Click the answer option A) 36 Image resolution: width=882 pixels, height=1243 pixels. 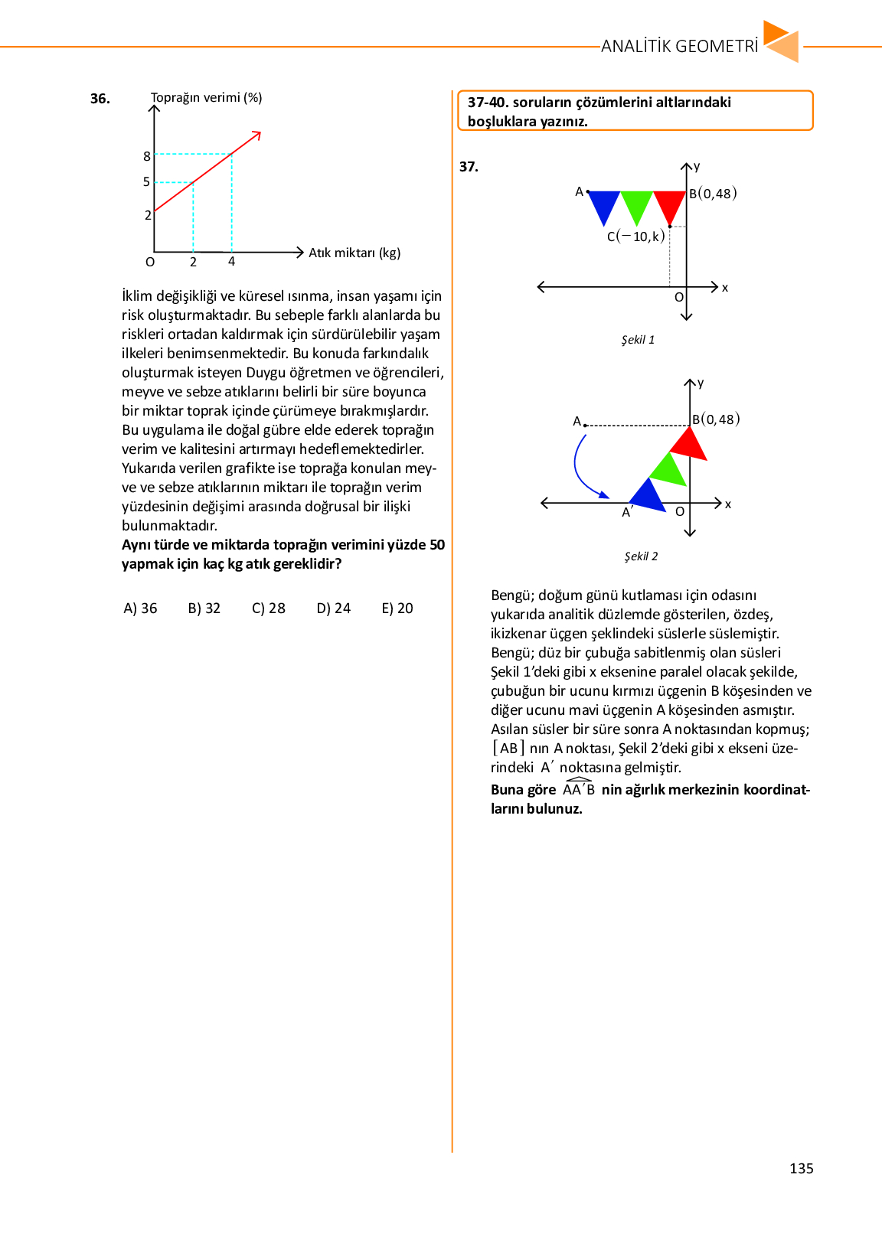click(x=140, y=608)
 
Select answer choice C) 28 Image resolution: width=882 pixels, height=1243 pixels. click(x=269, y=608)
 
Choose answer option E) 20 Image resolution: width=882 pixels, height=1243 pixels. click(x=397, y=608)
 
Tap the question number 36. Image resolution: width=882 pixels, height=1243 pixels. click(x=100, y=99)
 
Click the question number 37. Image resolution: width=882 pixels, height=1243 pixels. click(x=469, y=167)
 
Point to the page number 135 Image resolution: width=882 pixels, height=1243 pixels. click(x=801, y=1169)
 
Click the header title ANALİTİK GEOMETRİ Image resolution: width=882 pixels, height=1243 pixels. click(x=679, y=47)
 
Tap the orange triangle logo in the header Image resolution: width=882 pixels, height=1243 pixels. click(x=782, y=42)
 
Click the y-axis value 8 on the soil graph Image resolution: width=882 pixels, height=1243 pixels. click(x=147, y=156)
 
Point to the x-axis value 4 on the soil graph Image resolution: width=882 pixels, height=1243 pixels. click(x=232, y=262)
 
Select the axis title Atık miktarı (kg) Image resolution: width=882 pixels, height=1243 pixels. click(x=354, y=253)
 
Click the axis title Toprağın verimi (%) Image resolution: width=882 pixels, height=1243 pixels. click(x=207, y=98)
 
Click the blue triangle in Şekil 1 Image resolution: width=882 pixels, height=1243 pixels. click(x=604, y=204)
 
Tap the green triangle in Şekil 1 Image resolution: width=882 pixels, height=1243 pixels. click(x=636, y=204)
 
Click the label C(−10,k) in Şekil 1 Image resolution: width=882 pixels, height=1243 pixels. click(x=636, y=237)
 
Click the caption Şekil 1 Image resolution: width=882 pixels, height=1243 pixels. click(x=638, y=340)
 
